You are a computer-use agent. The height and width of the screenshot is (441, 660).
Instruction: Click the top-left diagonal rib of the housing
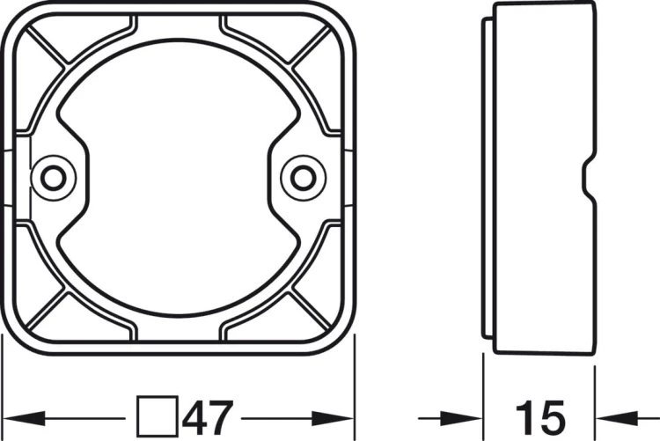click(46, 46)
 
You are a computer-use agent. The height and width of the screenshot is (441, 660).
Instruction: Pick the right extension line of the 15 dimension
click(595, 387)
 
